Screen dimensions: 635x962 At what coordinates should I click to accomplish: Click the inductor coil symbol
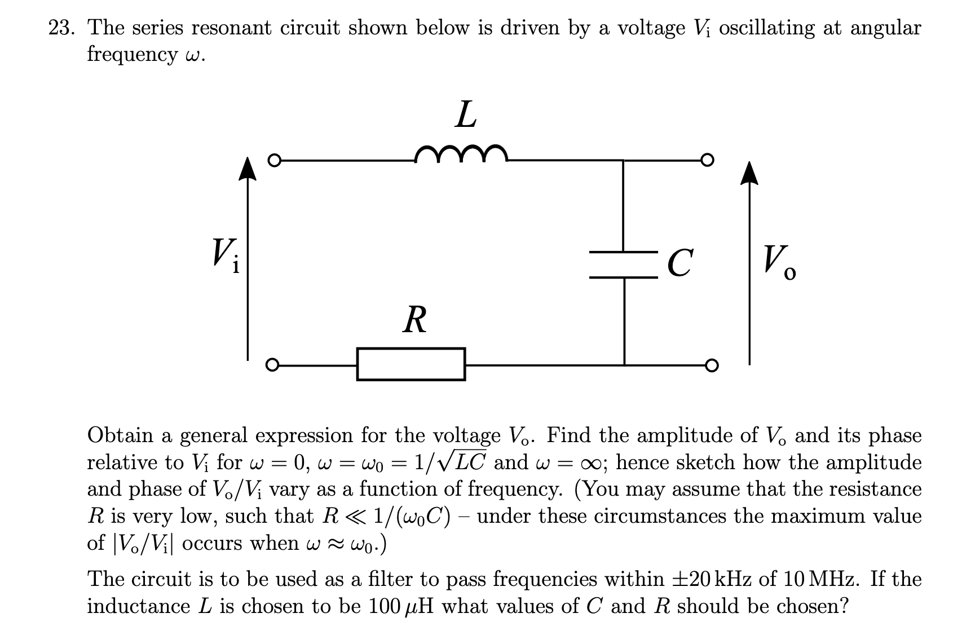coord(461,153)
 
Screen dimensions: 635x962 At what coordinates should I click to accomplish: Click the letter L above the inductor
coord(466,116)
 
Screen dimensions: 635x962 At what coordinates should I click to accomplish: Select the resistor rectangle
coord(411,364)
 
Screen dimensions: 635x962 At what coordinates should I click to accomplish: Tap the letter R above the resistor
coord(415,320)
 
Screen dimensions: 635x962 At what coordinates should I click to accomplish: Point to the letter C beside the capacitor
coord(679,263)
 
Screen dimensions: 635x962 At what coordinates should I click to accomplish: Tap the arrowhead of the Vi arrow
coord(246,169)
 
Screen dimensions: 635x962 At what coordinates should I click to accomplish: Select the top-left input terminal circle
coord(273,161)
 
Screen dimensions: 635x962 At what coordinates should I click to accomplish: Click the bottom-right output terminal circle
coord(712,365)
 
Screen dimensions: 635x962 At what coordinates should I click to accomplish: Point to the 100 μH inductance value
coord(404,607)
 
